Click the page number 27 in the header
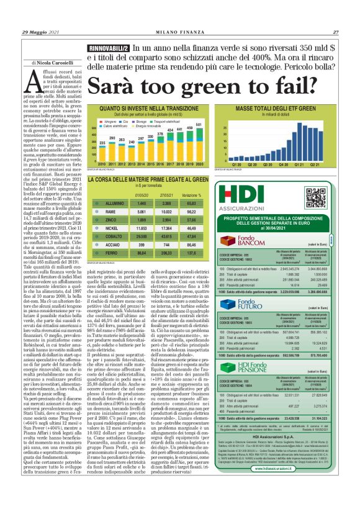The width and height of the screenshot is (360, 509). [x=336, y=32]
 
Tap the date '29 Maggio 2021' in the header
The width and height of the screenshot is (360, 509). [x=41, y=32]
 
